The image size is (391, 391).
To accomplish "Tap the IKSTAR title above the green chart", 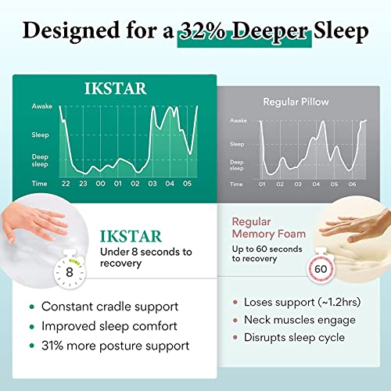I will coord(115,88).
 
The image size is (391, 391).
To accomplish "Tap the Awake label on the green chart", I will coord(41,106).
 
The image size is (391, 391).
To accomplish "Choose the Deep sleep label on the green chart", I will coord(41,161).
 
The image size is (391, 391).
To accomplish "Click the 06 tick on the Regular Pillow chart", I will coord(353,184).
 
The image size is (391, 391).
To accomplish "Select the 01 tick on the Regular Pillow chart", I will coord(262,184).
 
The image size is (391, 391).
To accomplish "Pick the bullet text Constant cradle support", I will coord(109,307).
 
